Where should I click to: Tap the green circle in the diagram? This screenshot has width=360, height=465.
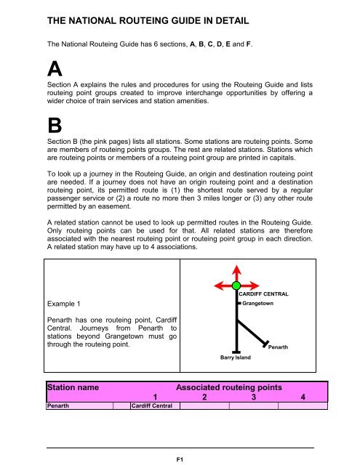[x=236, y=286]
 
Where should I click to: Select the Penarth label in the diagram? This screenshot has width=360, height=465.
[x=278, y=348]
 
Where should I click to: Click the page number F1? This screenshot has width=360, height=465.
[x=179, y=458]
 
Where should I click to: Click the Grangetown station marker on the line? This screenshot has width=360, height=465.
[x=238, y=303]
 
